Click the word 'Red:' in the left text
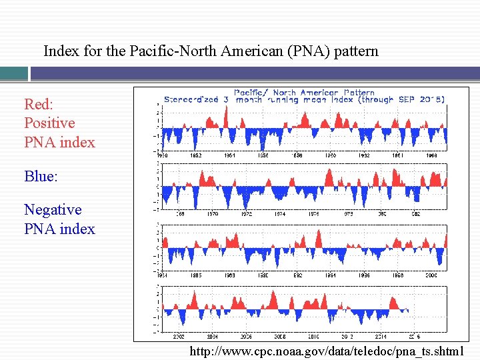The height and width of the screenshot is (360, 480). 38,104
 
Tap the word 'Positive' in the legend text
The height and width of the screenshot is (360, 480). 49,123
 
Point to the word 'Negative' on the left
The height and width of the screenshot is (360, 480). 53,210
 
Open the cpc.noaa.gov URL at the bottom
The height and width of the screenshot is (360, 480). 331,351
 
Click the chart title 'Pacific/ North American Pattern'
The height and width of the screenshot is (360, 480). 304,93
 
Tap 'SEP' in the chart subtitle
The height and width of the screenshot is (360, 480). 407,99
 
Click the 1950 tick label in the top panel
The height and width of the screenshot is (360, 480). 162,155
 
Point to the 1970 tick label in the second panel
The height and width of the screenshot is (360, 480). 213,214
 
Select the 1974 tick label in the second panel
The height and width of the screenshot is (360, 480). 280,214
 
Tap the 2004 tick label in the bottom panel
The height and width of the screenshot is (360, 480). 213,337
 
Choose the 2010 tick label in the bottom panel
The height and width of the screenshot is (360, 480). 314,337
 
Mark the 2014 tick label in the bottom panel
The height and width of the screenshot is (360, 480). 381,337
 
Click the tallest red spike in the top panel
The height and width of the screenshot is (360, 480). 227,116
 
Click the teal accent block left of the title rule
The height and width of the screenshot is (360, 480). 14,73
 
